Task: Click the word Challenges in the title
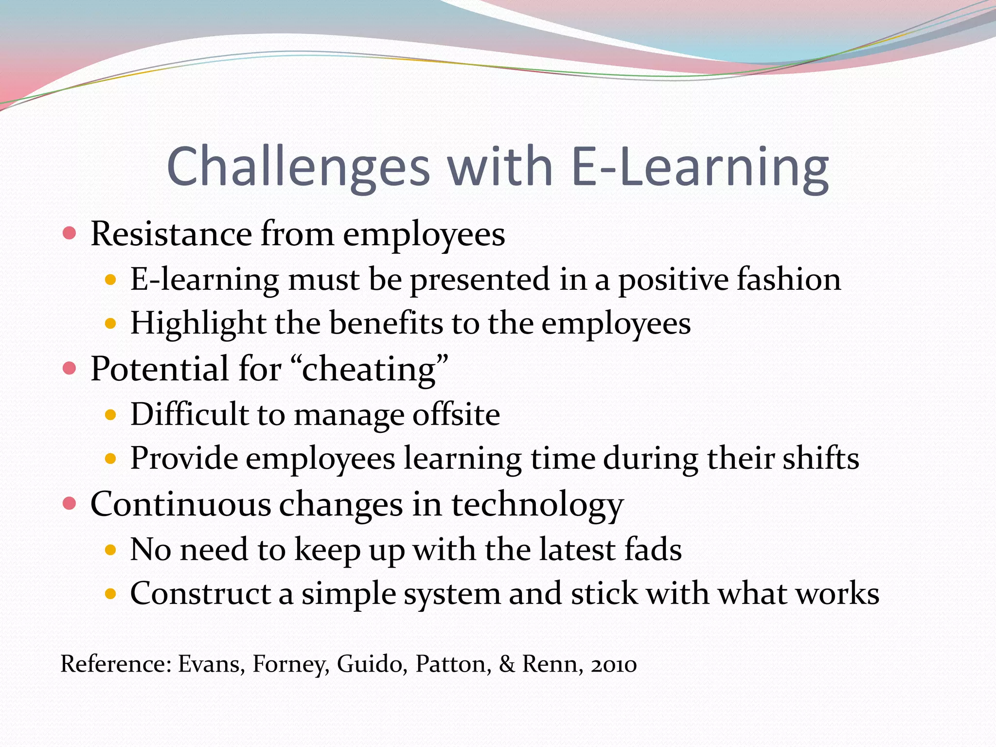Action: [x=298, y=167]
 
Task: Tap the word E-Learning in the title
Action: [x=700, y=167]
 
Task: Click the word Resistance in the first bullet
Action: [x=171, y=234]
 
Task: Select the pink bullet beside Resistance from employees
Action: [x=70, y=233]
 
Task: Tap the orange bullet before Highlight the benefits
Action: [x=111, y=323]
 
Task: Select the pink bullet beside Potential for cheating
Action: [x=70, y=368]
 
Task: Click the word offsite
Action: [x=456, y=414]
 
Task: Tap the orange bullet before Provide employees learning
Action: [x=111, y=458]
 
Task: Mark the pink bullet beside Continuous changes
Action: [x=70, y=503]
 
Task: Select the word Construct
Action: [x=200, y=594]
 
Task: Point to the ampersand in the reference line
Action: [x=507, y=664]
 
